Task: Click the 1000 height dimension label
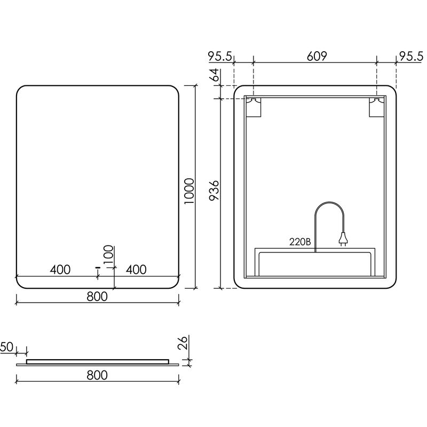pos(189,191)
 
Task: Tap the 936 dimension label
pos(214,190)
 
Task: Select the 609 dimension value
pos(317,56)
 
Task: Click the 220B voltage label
pos(300,242)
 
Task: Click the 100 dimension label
pos(108,254)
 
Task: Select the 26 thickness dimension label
pos(183,343)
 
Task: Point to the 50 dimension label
pos(6,347)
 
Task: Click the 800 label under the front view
pos(97,296)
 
